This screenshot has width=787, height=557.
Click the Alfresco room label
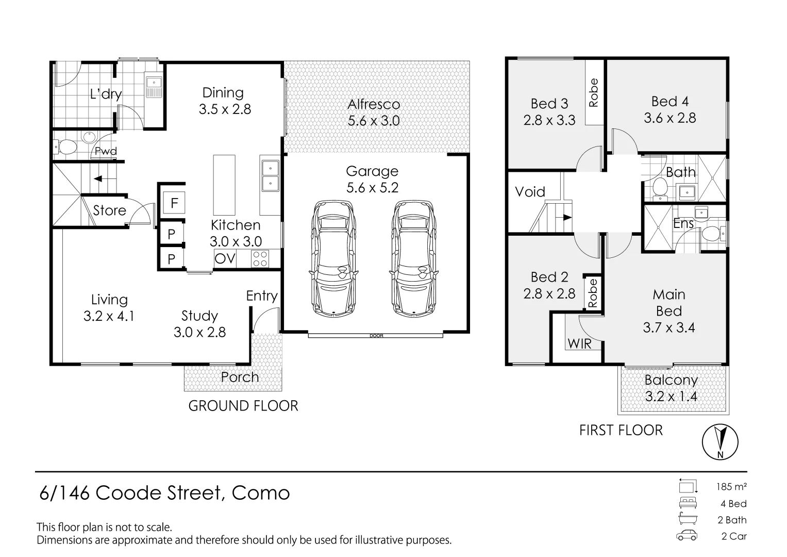click(374, 104)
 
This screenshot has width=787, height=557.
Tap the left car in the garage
click(333, 259)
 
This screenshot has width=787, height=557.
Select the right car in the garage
click(413, 259)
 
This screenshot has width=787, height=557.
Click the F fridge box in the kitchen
click(174, 203)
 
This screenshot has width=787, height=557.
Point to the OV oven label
click(225, 258)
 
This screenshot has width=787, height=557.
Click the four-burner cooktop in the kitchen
click(260, 258)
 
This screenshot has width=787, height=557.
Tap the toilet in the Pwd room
click(65, 147)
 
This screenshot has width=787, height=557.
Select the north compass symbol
click(720, 441)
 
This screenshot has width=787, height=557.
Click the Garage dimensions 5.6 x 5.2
click(373, 187)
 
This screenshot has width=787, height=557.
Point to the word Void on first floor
click(530, 192)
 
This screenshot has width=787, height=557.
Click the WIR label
click(579, 343)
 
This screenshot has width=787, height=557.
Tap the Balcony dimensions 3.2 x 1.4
click(671, 396)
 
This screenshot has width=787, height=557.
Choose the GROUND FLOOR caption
click(243, 406)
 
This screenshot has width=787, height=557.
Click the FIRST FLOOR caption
click(621, 430)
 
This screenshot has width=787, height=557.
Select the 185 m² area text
click(731, 486)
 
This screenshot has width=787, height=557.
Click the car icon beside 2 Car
click(687, 535)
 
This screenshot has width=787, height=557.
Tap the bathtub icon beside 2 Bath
click(688, 519)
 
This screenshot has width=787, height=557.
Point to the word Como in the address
click(261, 493)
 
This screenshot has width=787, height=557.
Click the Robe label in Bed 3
click(593, 92)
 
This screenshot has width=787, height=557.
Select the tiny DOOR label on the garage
click(376, 336)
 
